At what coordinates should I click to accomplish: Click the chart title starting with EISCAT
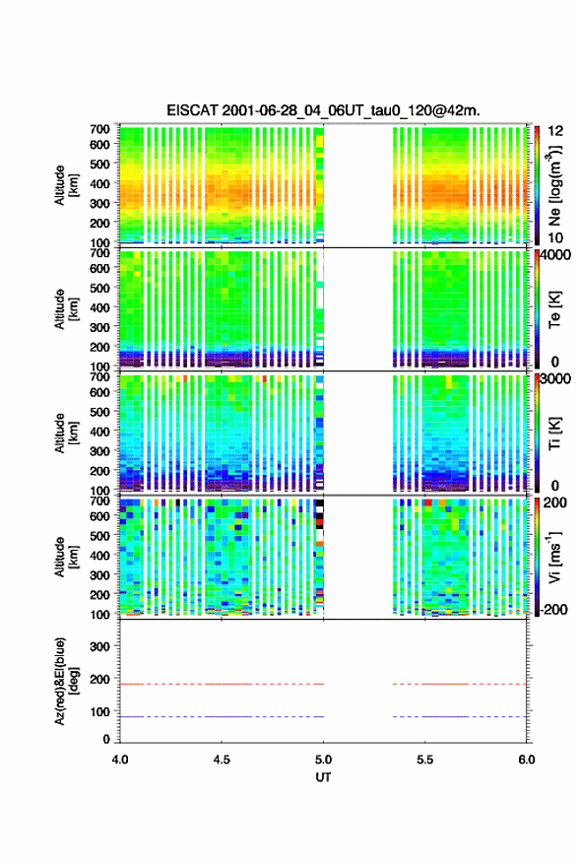coord(323,110)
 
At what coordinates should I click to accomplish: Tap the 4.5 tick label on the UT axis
coord(222,760)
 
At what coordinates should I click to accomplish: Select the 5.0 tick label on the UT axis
coord(323,760)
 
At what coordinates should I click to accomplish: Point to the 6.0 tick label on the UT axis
coord(527,760)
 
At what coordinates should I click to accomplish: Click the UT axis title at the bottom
coord(323,777)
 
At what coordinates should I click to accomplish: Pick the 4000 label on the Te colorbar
coord(556,256)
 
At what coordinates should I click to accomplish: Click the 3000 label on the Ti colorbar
coord(556,379)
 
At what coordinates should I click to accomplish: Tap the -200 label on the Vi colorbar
coord(553,609)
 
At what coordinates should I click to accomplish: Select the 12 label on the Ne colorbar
coord(555,131)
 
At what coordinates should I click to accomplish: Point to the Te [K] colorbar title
coord(554,309)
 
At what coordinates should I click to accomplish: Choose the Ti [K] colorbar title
coord(554,433)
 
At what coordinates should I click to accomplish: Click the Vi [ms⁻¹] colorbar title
coord(554,557)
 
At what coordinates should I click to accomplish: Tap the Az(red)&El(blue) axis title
coord(66,681)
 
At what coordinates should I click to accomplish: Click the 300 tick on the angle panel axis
coord(99,646)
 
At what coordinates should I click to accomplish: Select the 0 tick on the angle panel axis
coord(106,739)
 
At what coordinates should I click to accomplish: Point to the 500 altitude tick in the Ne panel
coord(99,164)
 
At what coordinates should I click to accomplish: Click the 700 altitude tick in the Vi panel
coord(99,500)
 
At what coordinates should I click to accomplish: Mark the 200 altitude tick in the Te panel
coord(99,347)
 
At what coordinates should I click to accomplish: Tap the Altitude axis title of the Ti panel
coord(66,433)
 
